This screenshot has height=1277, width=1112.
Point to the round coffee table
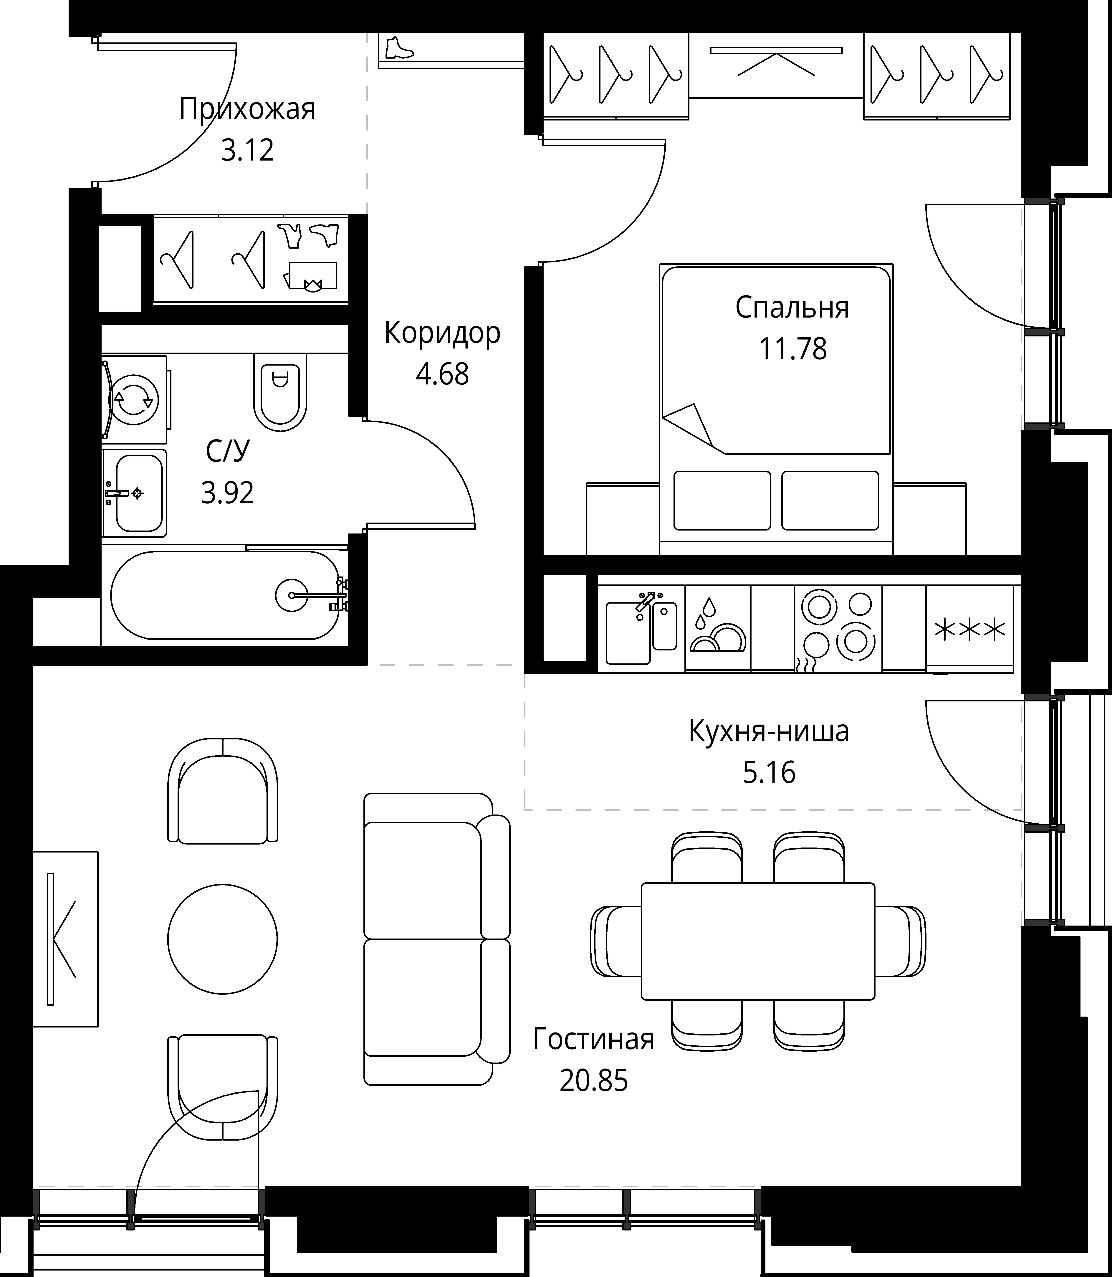222,939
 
